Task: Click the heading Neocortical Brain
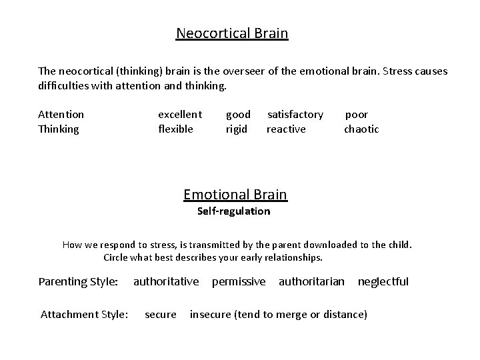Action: coord(232,33)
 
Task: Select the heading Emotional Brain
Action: coord(235,195)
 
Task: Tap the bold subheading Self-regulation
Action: coord(234,211)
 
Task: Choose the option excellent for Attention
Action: coord(180,115)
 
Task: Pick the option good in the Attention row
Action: coord(239,115)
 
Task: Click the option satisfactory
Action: coord(295,115)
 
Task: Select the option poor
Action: coord(356,115)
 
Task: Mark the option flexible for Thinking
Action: coord(175,129)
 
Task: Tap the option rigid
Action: coord(237,129)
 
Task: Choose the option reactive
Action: coord(286,129)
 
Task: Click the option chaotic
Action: coord(361,129)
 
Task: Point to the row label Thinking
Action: coord(59,129)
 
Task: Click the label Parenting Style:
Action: coord(79,281)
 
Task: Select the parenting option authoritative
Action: coord(166,281)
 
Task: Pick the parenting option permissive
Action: coord(239,281)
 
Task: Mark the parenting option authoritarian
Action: coord(311,281)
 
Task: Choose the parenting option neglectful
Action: coord(383,281)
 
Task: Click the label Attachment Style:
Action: coord(85,314)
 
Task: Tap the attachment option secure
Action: coord(161,314)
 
